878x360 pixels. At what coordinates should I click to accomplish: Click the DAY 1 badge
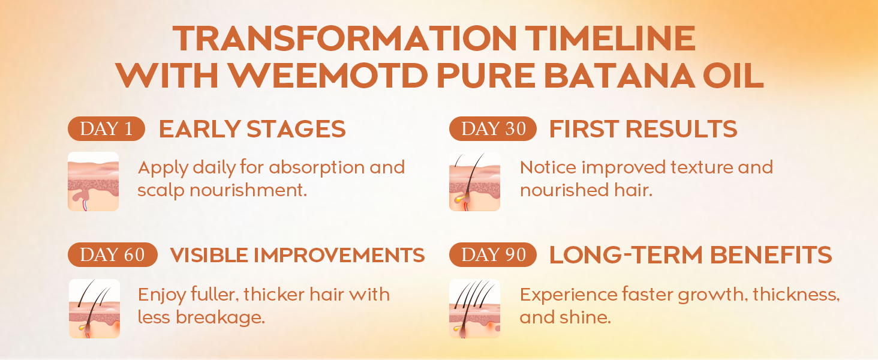[106, 128]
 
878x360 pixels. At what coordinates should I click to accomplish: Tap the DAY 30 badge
[493, 128]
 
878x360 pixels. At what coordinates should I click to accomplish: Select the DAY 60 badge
[113, 254]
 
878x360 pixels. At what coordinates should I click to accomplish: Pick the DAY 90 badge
[493, 254]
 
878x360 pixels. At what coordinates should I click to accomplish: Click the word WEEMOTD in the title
[329, 75]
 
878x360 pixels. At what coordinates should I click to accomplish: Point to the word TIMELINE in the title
[610, 38]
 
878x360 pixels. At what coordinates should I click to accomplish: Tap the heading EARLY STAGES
[252, 129]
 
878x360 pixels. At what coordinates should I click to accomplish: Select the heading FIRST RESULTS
[644, 129]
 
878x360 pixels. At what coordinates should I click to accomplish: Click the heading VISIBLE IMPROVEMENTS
[297, 255]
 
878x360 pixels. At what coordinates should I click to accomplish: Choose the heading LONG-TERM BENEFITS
[691, 255]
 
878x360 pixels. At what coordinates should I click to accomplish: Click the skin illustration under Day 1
[94, 182]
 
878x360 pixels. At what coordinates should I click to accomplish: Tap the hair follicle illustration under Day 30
[474, 182]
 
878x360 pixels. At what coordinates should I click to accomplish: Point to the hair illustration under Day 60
[95, 308]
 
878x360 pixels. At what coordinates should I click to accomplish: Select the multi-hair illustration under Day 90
[474, 308]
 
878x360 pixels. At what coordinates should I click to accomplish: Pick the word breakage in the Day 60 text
[220, 318]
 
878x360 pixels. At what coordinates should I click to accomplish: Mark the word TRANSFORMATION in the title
[344, 38]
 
